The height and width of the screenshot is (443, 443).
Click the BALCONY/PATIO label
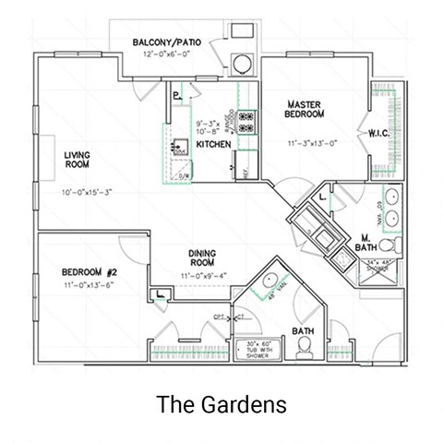[x=167, y=42]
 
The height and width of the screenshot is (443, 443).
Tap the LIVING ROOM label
[x=77, y=161]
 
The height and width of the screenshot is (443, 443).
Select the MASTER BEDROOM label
[x=304, y=109]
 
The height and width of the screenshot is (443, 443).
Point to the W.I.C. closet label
[x=381, y=134]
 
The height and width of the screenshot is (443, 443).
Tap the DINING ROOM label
[x=201, y=258]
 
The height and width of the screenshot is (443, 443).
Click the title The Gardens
[x=221, y=404]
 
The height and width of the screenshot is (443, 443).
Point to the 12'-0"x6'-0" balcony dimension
[x=166, y=54]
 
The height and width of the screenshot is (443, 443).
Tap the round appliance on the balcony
[x=241, y=64]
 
